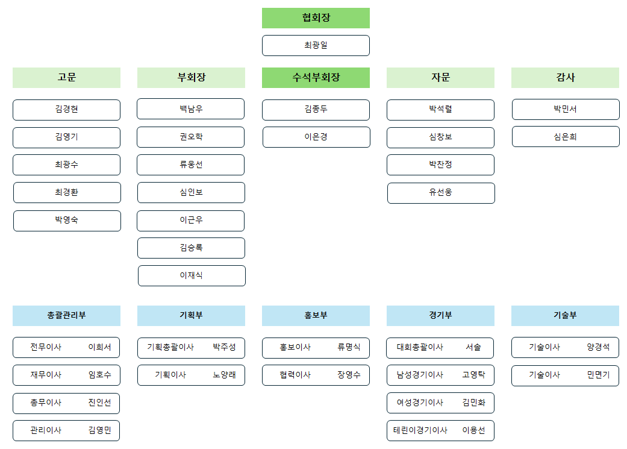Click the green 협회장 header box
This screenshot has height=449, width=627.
pos(316,18)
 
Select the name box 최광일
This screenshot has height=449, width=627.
pos(316,46)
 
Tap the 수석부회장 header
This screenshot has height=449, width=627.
pos(316,78)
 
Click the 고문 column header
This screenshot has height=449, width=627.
pos(66,78)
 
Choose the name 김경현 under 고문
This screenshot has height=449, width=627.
pos(66,110)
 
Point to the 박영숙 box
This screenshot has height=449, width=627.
pos(67,221)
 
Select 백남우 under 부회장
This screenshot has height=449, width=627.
pos(191,109)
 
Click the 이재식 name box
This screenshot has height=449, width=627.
pos(192,275)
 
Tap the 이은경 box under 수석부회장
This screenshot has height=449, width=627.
pos(316,137)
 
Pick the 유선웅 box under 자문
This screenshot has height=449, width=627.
pos(441,193)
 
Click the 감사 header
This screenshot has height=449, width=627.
pos(565,78)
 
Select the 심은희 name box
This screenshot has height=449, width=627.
pos(566,137)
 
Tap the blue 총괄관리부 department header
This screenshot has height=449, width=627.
pos(66,316)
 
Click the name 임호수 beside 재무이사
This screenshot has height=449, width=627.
pos(99,375)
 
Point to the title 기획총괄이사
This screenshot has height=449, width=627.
pos(170,347)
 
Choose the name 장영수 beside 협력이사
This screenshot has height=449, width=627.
pos(349,375)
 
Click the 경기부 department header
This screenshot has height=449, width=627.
pos(440,316)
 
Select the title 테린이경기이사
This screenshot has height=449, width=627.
pos(420,430)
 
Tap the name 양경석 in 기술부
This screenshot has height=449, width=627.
pos(598,347)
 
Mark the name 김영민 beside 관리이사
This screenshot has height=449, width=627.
pos(99,430)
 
